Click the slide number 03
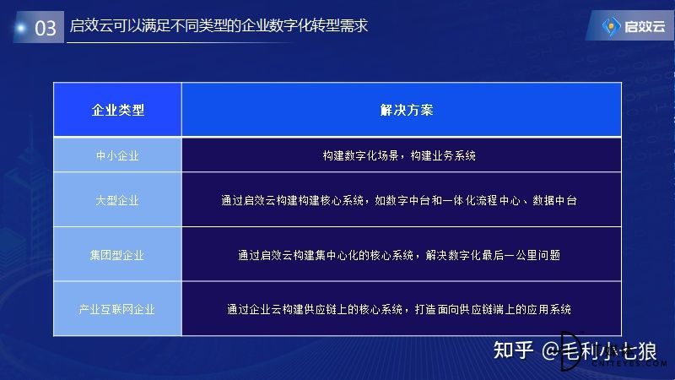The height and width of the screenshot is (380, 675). click(x=46, y=28)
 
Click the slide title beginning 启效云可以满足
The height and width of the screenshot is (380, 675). click(x=219, y=25)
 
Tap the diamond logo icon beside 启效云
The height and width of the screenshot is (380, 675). click(x=611, y=27)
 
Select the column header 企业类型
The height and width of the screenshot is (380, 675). click(x=117, y=111)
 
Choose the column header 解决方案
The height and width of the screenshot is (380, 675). click(x=407, y=111)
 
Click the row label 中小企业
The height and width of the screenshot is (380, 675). click(x=117, y=155)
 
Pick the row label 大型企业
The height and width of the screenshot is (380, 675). click(x=117, y=200)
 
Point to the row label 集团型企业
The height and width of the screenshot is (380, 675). click(x=116, y=256)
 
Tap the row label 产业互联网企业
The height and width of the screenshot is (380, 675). click(x=116, y=309)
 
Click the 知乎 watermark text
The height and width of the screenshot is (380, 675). click(x=514, y=350)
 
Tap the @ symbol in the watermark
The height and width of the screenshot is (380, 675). click(x=551, y=350)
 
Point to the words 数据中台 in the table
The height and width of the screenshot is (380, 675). click(x=554, y=200)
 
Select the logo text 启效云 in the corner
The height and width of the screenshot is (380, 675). click(x=645, y=27)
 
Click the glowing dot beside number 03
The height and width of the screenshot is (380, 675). click(x=20, y=28)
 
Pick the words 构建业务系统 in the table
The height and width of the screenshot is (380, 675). click(x=443, y=155)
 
